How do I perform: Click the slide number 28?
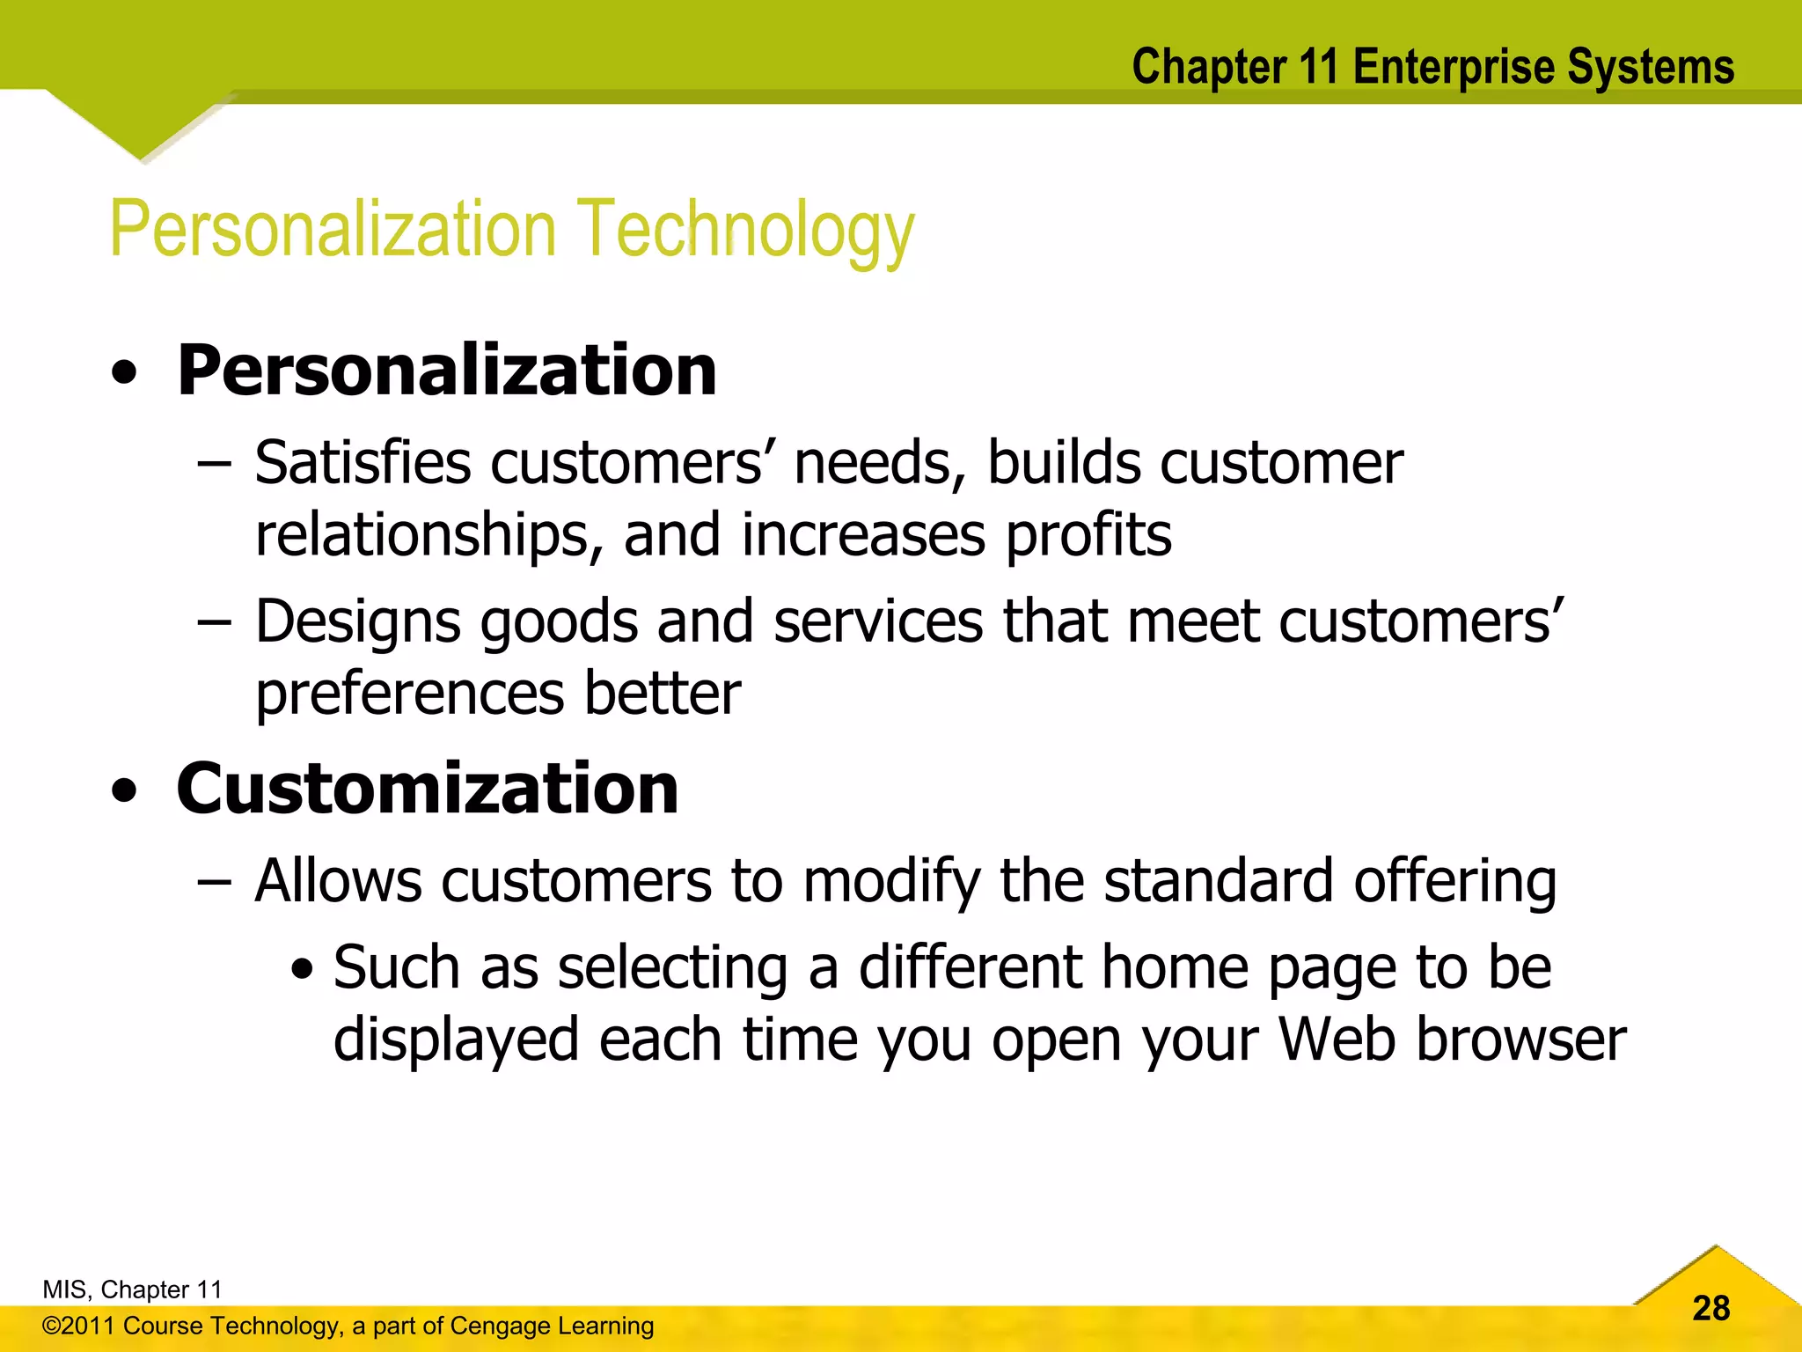point(1710,1308)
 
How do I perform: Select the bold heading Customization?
point(428,789)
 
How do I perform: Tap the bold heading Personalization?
point(447,371)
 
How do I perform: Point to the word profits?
point(1088,535)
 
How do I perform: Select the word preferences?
point(410,694)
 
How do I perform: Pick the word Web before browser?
point(1337,1040)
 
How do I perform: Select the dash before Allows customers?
point(214,880)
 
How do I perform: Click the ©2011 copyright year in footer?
point(77,1326)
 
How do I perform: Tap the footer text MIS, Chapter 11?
point(132,1290)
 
